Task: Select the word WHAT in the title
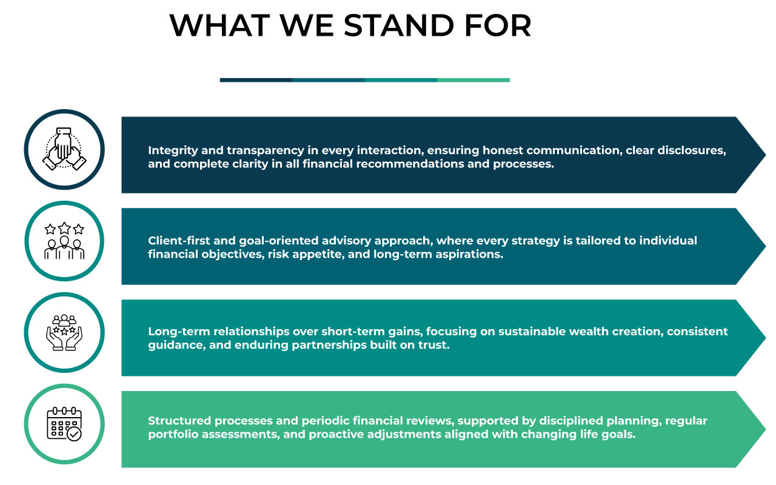click(219, 25)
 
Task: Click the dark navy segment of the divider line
click(256, 80)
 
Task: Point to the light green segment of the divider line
click(473, 80)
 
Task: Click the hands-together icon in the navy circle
click(64, 149)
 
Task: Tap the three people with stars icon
click(64, 241)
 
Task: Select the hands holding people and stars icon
click(64, 332)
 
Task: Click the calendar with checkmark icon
click(64, 424)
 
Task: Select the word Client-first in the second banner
click(175, 241)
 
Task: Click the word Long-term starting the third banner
click(174, 332)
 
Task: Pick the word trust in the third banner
click(435, 346)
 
